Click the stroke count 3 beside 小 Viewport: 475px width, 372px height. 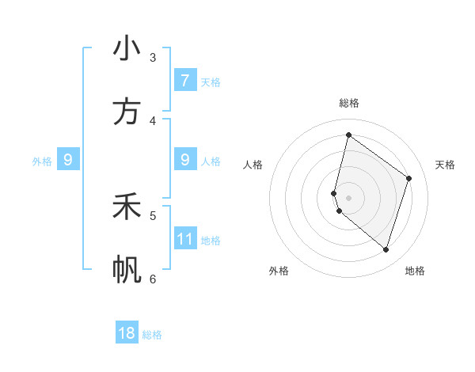click(x=153, y=57)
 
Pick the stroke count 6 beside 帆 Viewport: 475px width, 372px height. click(x=153, y=279)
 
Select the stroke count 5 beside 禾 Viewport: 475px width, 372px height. click(x=153, y=215)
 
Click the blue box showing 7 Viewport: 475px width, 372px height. click(x=184, y=81)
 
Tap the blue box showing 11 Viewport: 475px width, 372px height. click(x=184, y=239)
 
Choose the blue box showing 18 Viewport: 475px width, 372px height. click(x=127, y=333)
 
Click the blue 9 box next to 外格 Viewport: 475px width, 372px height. click(x=68, y=160)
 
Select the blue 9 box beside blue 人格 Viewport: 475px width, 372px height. click(x=184, y=160)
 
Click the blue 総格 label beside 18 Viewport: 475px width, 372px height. click(x=152, y=335)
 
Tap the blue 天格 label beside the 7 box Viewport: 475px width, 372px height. click(x=211, y=82)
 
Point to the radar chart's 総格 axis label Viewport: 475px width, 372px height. click(x=348, y=103)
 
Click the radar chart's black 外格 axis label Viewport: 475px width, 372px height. click(x=279, y=271)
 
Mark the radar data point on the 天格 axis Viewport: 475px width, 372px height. click(x=408, y=178)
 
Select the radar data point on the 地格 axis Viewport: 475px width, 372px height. click(x=386, y=249)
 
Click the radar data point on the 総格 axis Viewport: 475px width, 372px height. click(x=348, y=135)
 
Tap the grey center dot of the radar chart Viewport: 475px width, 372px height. click(x=348, y=197)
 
